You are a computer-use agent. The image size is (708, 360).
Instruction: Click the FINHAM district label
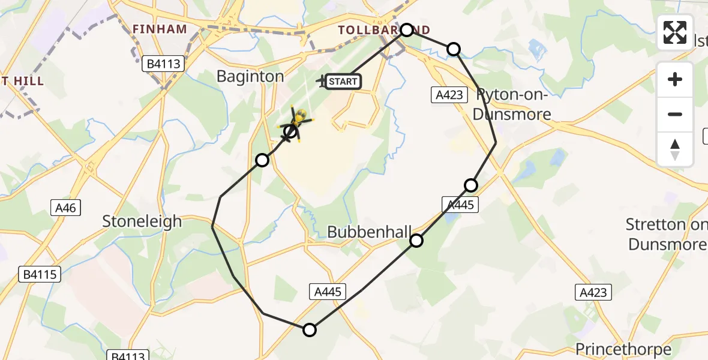(160, 29)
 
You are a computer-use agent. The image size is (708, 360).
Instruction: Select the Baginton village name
(250, 76)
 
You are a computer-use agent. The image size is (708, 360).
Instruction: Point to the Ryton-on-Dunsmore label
(512, 104)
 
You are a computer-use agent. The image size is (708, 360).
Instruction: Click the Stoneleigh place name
(142, 221)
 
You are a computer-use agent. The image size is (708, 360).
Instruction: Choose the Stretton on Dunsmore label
(666, 235)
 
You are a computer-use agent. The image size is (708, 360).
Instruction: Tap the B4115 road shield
(40, 275)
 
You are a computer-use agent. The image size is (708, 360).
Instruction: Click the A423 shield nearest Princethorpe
(593, 292)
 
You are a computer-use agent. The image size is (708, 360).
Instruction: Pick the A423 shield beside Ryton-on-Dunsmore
(449, 94)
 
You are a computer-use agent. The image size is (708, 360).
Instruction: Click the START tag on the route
(343, 81)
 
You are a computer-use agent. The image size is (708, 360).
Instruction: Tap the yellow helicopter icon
(297, 122)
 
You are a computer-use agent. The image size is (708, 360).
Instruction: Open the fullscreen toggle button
(675, 32)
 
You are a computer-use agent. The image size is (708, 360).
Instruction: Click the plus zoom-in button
(675, 79)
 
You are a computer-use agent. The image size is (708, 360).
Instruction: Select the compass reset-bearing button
(675, 149)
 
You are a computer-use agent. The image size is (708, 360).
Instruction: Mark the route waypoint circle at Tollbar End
(407, 30)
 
